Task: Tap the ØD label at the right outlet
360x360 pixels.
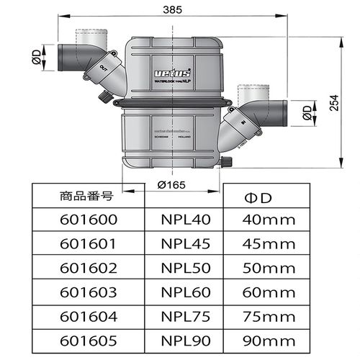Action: (x=307, y=113)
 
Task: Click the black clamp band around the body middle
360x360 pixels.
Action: (x=173, y=103)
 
